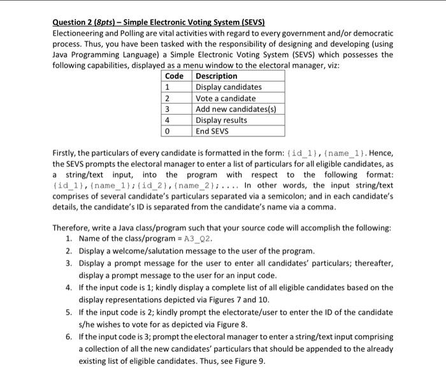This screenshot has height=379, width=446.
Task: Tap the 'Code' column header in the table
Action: (x=174, y=76)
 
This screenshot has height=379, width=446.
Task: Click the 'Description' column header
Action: (x=217, y=76)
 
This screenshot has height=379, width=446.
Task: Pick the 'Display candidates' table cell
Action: (x=228, y=87)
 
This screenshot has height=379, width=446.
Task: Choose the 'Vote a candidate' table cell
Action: (x=226, y=98)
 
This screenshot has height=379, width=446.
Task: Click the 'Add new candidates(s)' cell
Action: (x=235, y=109)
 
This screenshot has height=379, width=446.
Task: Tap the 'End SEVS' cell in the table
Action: (x=213, y=131)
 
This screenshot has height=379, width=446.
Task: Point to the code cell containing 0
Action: (x=167, y=131)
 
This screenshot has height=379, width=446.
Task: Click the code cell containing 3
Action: (x=167, y=109)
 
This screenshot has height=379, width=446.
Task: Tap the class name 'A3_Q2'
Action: (x=198, y=240)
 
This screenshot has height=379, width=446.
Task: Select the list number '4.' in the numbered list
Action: (x=69, y=288)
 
